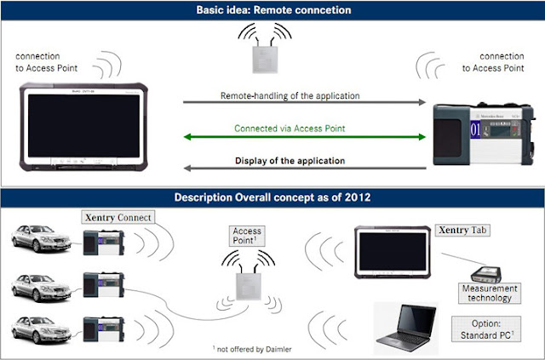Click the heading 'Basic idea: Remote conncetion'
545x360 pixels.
[272, 11]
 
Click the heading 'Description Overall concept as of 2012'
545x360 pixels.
[272, 197]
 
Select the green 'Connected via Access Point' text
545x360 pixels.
[305, 129]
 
